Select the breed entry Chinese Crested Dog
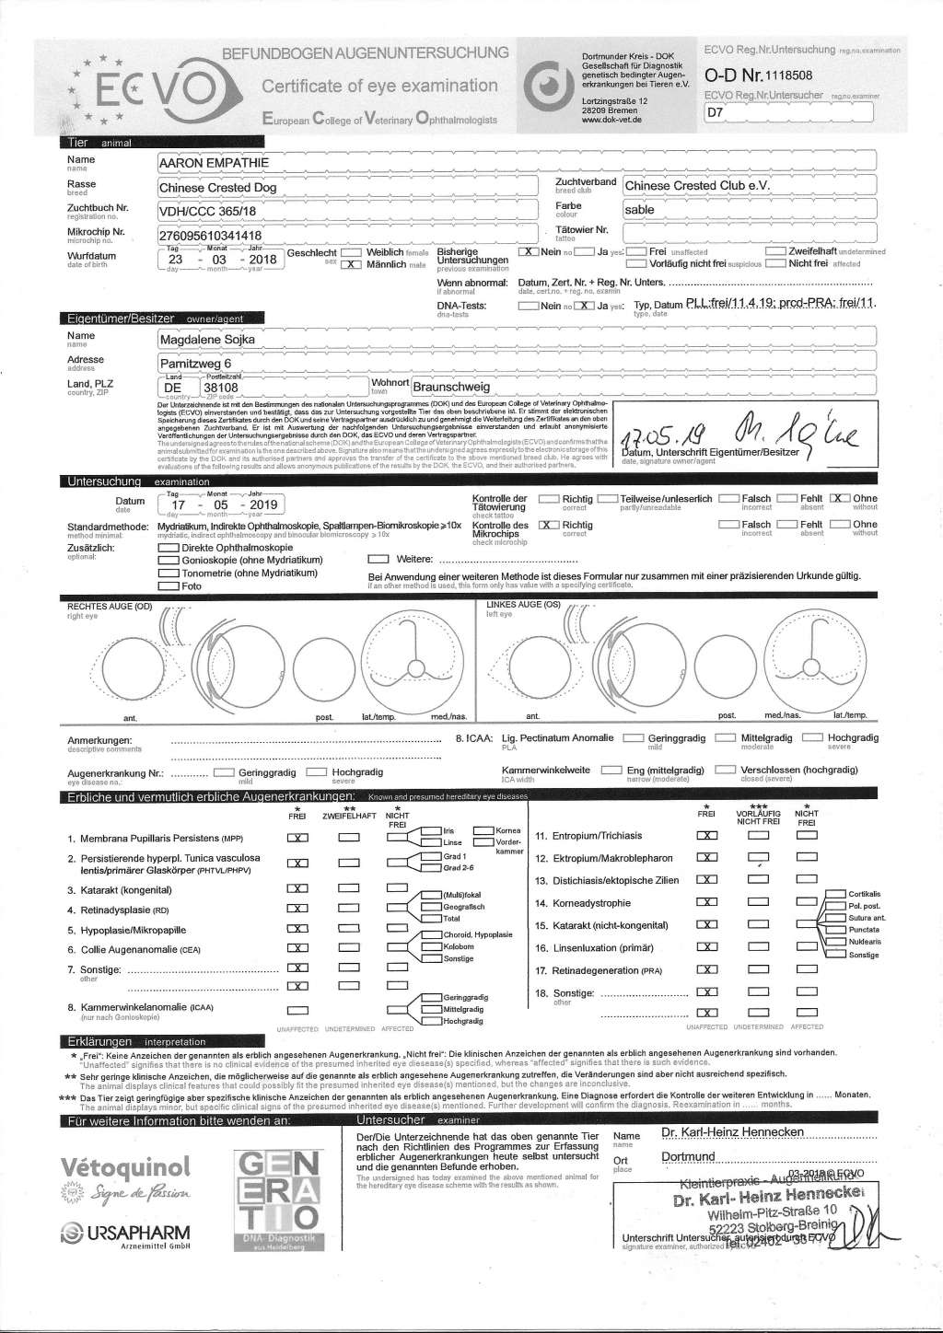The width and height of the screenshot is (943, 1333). click(217, 188)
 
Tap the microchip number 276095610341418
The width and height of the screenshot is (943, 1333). click(216, 235)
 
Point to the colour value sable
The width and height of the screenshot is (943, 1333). click(639, 210)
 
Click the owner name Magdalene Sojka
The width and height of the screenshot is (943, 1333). click(207, 340)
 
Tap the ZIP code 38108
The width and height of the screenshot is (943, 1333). click(220, 388)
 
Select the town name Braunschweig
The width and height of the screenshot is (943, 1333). click(451, 388)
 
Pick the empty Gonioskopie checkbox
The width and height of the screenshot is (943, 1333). click(169, 561)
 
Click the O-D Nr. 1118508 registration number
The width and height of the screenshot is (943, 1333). click(758, 75)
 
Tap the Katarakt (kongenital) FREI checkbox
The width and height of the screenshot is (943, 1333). click(297, 890)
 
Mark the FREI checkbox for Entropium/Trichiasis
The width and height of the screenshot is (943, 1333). click(706, 836)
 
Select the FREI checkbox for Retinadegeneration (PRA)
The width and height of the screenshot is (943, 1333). click(706, 969)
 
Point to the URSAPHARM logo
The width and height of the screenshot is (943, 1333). click(125, 1233)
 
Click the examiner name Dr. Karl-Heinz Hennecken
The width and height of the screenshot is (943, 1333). click(733, 1131)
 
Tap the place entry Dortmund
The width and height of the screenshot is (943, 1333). click(688, 1156)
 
